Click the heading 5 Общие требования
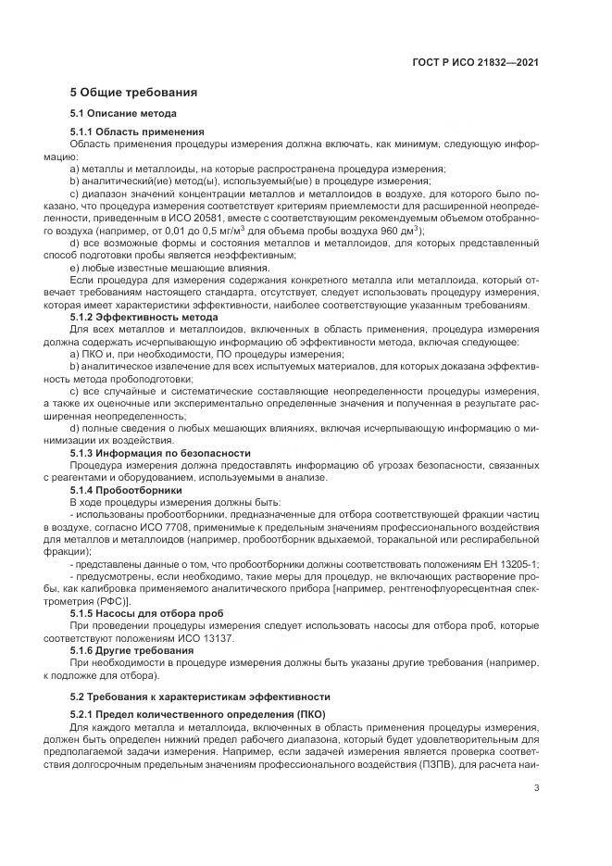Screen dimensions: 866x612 (x=133, y=93)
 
